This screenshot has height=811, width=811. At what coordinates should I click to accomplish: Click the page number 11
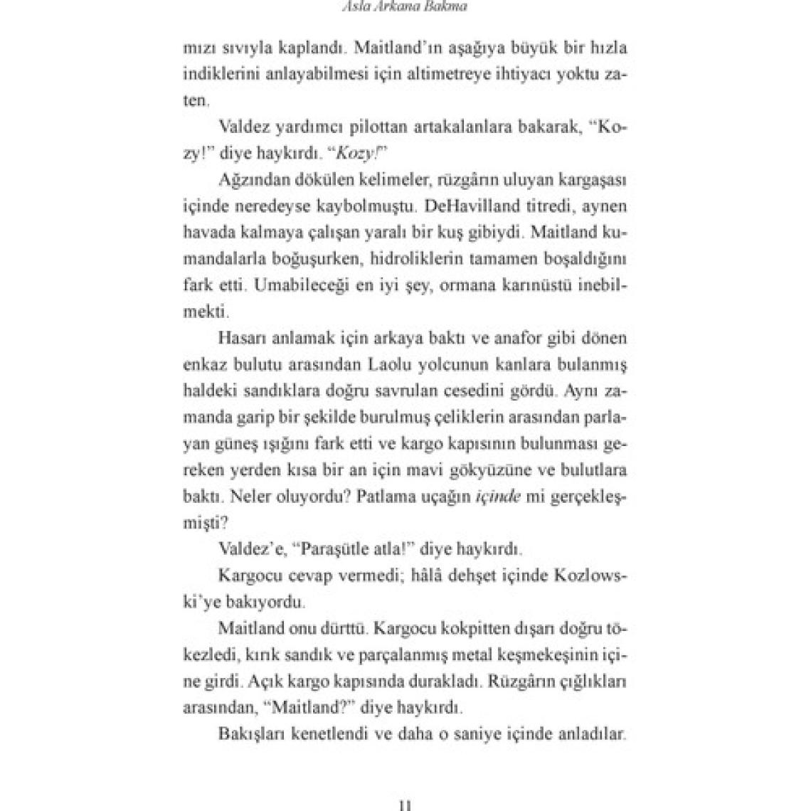coord(405,805)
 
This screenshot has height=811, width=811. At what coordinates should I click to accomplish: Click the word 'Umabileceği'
coord(277,285)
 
